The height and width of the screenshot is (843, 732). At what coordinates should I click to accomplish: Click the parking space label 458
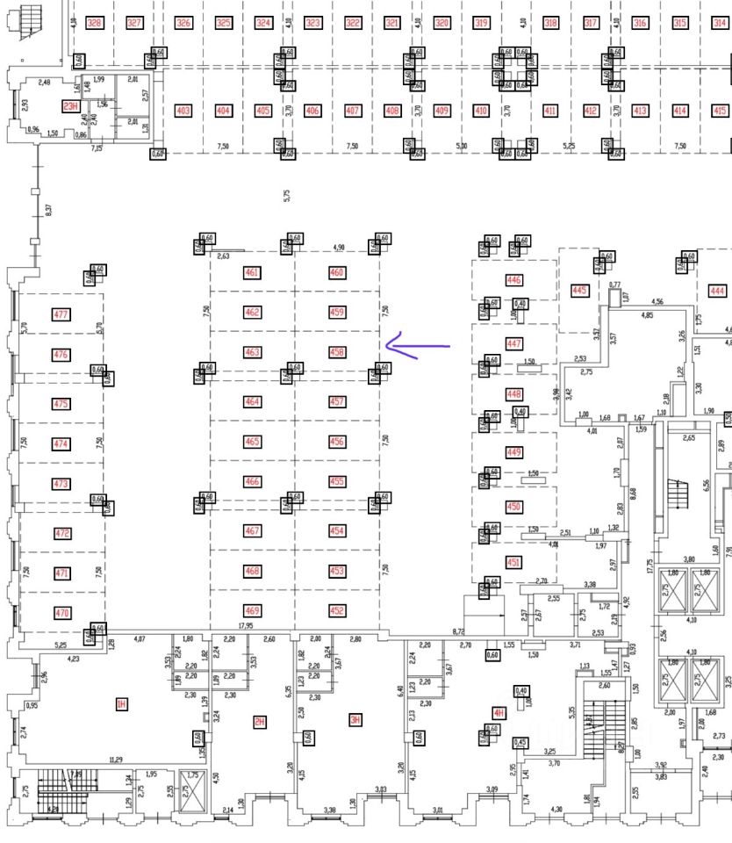(x=337, y=352)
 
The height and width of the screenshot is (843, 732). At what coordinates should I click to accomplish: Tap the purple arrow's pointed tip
(x=388, y=345)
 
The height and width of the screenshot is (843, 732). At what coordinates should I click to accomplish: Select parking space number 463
(x=253, y=352)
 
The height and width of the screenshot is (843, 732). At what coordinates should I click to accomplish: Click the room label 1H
(x=122, y=703)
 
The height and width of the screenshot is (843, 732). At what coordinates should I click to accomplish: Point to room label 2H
(x=259, y=722)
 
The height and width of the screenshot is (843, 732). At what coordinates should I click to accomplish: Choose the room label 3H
(x=355, y=722)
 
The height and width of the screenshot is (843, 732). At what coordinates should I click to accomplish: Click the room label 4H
(x=499, y=713)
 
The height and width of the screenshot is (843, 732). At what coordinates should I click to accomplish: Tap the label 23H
(x=70, y=106)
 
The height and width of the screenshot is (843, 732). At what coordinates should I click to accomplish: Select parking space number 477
(x=61, y=314)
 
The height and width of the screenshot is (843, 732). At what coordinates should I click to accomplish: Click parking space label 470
(x=61, y=613)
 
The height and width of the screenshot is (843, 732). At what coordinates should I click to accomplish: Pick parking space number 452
(x=337, y=611)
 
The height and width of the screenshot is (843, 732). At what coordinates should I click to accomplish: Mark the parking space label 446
(x=513, y=280)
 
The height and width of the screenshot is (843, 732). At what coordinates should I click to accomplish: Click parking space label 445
(x=578, y=290)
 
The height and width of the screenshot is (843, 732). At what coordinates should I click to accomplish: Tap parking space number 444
(x=718, y=291)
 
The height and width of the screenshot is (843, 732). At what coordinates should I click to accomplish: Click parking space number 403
(x=183, y=111)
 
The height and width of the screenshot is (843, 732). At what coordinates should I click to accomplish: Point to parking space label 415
(x=720, y=111)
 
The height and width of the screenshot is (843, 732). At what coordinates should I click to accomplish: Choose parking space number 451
(x=513, y=562)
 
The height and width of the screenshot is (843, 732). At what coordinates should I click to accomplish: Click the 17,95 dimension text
(x=244, y=626)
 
